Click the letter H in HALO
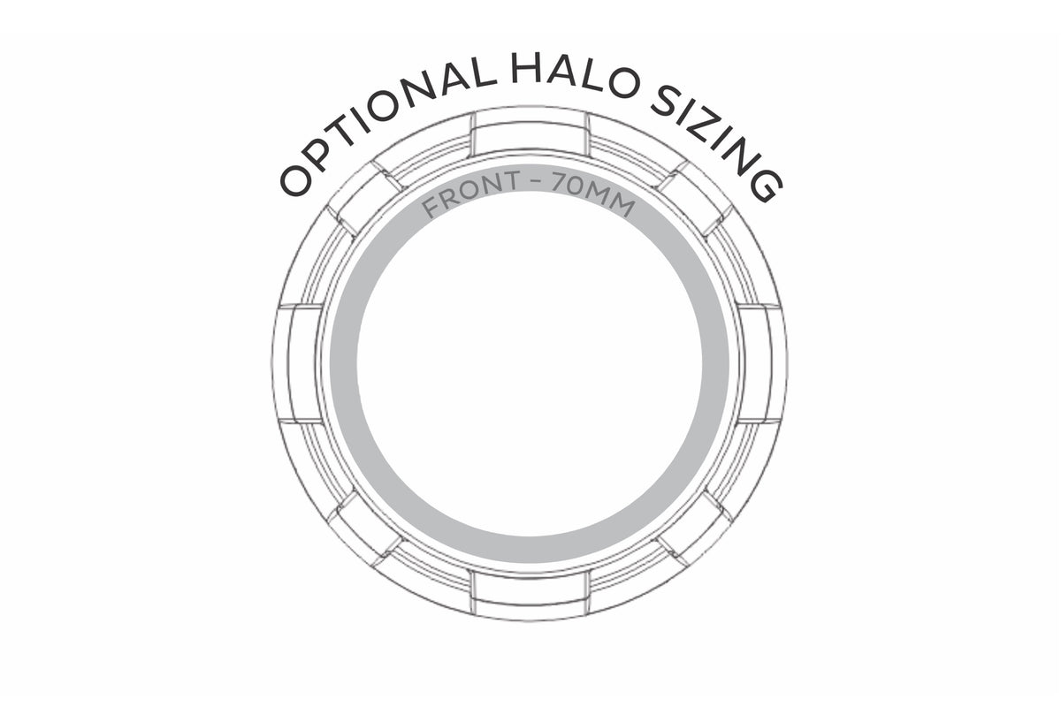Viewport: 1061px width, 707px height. (x=527, y=69)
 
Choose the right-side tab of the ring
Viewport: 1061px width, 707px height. (x=761, y=363)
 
